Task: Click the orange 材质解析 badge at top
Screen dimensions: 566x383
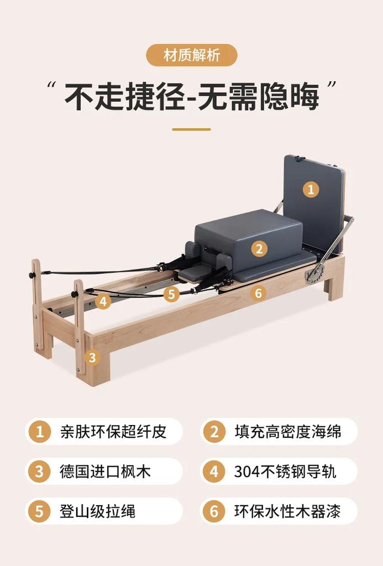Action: point(191,55)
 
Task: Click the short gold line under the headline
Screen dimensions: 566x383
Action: point(191,129)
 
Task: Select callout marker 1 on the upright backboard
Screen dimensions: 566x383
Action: point(311,190)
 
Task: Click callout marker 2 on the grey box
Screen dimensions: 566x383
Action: point(259,248)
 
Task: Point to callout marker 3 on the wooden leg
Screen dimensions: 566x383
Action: point(92,357)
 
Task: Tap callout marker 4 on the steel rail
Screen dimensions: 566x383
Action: point(103,301)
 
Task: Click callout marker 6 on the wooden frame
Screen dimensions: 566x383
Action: point(258,293)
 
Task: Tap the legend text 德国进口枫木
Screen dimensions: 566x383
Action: point(105,471)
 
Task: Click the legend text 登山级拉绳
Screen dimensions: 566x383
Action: point(97,511)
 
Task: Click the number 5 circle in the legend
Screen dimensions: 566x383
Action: point(39,511)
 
